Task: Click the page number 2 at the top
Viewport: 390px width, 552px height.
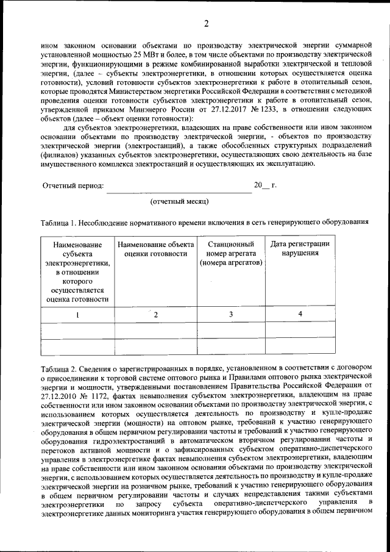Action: click(x=206, y=24)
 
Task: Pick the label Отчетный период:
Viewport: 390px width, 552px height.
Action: click(x=73, y=185)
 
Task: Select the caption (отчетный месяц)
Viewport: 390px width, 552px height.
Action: click(x=179, y=201)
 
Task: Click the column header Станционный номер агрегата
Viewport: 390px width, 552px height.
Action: click(x=230, y=253)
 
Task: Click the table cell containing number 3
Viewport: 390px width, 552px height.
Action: click(x=231, y=314)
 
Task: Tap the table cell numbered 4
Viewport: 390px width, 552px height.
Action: click(x=300, y=314)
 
